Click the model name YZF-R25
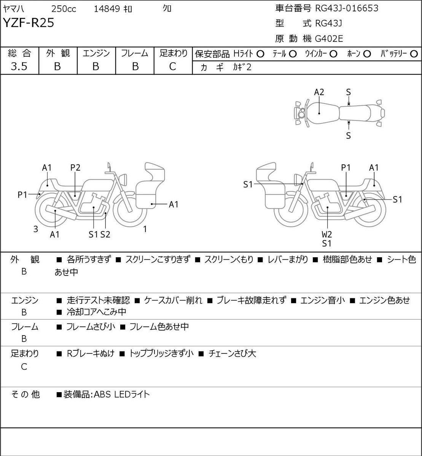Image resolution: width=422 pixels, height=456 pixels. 29,23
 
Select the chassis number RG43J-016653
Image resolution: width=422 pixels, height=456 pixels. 347,8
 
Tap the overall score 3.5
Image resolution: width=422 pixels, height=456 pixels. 19,66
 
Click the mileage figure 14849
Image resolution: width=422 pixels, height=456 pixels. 107,9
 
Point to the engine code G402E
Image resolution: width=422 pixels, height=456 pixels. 329,39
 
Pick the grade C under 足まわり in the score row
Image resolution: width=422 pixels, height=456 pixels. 173,66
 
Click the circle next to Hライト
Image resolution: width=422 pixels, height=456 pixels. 260,54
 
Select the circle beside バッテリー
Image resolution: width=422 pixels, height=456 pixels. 414,54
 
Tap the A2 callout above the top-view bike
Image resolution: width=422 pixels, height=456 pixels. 319,92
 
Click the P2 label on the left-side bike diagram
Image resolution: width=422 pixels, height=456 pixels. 75,168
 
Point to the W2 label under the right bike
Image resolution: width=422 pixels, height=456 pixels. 327,234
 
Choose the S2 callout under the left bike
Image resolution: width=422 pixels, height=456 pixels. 105,234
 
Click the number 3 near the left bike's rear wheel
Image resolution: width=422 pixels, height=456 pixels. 36,229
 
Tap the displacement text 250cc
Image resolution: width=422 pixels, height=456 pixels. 64,9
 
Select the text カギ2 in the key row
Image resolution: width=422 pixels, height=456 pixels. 242,67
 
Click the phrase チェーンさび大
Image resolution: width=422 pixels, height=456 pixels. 232,353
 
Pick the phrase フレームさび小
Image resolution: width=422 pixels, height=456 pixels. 91,326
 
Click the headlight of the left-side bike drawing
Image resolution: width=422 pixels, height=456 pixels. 123,179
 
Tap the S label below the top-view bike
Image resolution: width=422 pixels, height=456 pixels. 349,136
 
